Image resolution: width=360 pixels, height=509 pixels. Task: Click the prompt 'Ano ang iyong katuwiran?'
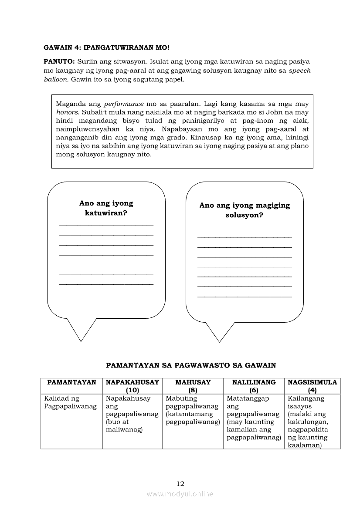click(106, 208)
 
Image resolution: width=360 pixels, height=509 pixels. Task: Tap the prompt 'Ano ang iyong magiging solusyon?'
click(245, 210)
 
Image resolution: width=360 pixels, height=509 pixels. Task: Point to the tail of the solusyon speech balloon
click(220, 333)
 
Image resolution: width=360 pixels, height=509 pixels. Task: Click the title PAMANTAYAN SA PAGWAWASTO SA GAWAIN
click(191, 366)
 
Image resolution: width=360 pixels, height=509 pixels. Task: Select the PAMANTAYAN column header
click(71, 382)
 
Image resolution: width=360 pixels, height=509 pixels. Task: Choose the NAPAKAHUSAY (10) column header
click(132, 386)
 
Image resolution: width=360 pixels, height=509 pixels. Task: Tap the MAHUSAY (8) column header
click(193, 386)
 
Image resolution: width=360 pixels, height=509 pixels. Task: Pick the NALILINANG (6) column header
click(254, 386)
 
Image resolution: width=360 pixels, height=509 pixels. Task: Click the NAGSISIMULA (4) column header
click(312, 386)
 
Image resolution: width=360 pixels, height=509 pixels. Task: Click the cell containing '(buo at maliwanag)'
click(132, 414)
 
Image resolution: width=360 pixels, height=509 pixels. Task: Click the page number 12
click(181, 483)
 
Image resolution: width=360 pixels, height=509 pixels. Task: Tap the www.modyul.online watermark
click(180, 494)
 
